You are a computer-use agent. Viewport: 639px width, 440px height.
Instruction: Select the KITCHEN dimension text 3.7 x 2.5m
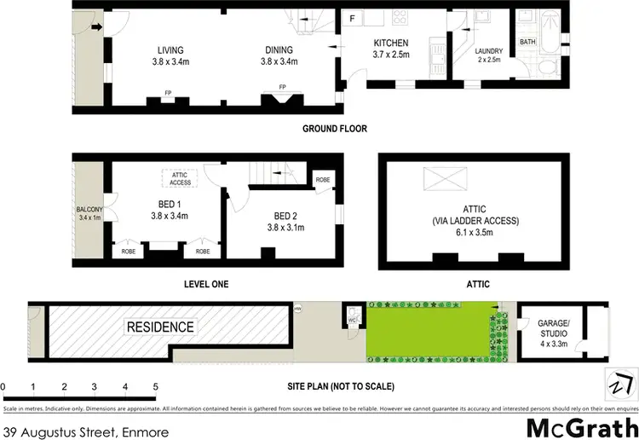pyautogui.click(x=391, y=55)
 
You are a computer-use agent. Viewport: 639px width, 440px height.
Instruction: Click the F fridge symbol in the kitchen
pyautogui.click(x=352, y=17)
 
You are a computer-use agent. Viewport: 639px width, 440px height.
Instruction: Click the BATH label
pyautogui.click(x=527, y=42)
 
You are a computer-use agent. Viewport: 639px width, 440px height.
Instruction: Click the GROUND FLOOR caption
pyautogui.click(x=334, y=130)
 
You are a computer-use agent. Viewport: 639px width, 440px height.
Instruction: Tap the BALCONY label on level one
pyautogui.click(x=89, y=210)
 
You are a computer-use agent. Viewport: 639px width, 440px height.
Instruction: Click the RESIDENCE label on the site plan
pyautogui.click(x=160, y=327)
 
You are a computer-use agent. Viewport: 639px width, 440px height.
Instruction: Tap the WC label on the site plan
pyautogui.click(x=352, y=321)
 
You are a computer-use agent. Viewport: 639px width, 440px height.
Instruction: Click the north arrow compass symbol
pyautogui.click(x=617, y=383)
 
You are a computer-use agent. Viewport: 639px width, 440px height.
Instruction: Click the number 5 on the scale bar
pyautogui.click(x=155, y=387)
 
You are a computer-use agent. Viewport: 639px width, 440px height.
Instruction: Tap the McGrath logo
pyautogui.click(x=583, y=427)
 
